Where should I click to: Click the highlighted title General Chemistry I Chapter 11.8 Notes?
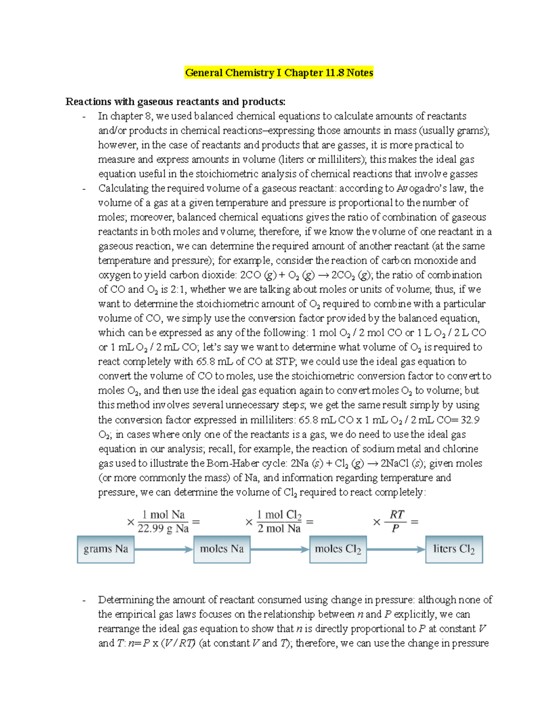tap(279, 73)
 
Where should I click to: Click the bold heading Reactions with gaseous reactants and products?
tap(175, 101)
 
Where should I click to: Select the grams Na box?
tap(106, 549)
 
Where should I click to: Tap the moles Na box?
tap(221, 549)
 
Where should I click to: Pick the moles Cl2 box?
tap(338, 549)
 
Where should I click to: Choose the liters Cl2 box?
tap(454, 549)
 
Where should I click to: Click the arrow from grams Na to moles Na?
tap(164, 550)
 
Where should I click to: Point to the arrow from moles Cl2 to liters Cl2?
tap(396, 550)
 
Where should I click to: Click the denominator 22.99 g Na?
tap(163, 529)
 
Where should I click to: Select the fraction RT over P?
tap(396, 521)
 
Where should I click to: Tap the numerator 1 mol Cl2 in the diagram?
tap(279, 515)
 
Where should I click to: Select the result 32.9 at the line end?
tap(470, 420)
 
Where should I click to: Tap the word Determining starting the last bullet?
tap(126, 600)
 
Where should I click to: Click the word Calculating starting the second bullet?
tap(123, 188)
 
